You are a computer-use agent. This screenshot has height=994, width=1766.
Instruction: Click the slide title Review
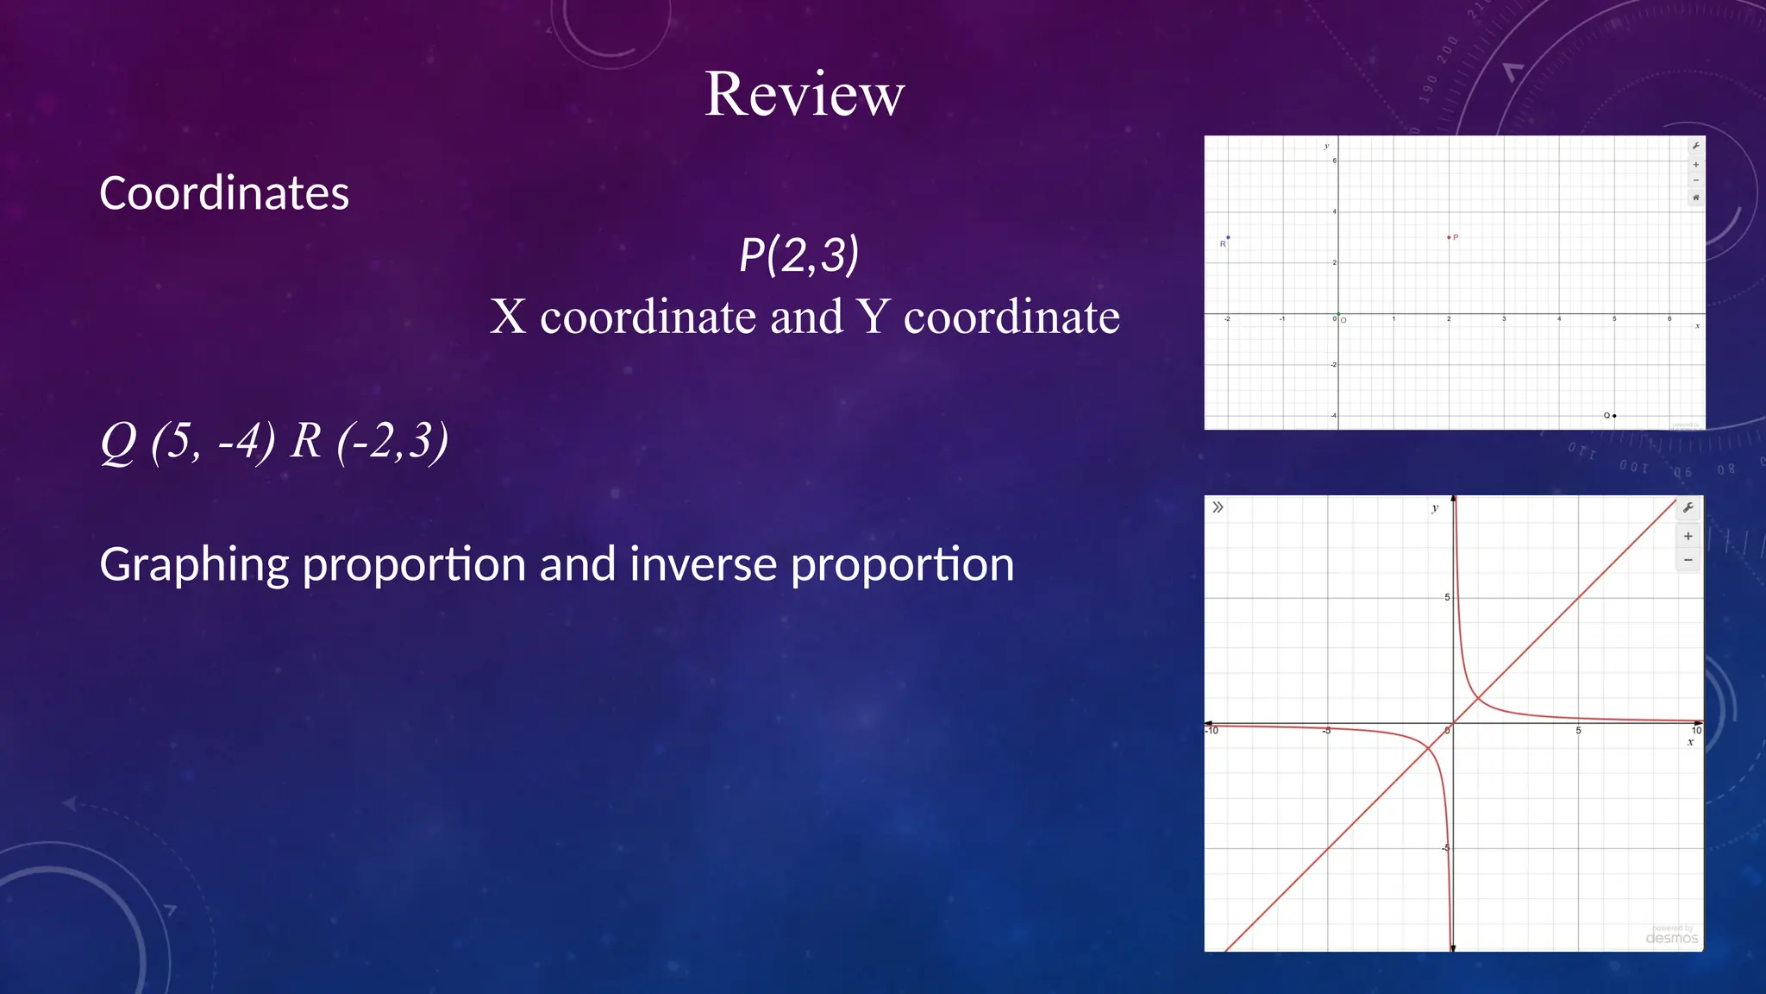[x=805, y=94]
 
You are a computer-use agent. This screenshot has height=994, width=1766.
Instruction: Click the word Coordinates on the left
[x=224, y=193]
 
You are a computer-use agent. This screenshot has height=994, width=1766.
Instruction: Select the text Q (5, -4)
[x=187, y=441]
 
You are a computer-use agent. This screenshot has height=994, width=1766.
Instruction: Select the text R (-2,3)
[x=369, y=441]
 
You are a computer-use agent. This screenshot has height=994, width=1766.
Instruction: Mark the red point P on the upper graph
[x=1449, y=237]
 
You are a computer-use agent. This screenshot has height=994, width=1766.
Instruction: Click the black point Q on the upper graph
[x=1614, y=416]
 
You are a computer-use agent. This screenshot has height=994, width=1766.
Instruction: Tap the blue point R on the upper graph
[x=1228, y=237]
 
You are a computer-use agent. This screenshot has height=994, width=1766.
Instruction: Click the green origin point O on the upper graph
[x=1338, y=314]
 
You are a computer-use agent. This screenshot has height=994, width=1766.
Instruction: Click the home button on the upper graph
[x=1695, y=198]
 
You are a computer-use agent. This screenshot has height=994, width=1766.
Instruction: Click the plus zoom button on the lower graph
[x=1688, y=536]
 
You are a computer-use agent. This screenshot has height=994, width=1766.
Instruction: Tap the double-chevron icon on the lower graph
[x=1218, y=507]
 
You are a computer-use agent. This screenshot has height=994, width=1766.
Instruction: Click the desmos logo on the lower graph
[x=1671, y=938]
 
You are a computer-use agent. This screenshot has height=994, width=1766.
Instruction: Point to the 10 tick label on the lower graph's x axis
[x=1696, y=731]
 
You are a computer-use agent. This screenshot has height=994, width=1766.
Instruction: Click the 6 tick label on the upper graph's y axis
[x=1334, y=160]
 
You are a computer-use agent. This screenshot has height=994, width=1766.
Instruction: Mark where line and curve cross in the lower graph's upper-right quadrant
[x=1478, y=698]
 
